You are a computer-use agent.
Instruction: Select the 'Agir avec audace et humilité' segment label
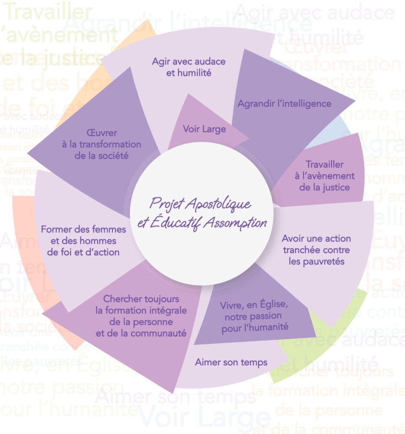coord(189,67)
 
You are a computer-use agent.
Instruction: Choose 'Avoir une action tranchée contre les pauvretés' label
coord(316,250)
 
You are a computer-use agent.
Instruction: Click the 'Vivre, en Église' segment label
coord(254,315)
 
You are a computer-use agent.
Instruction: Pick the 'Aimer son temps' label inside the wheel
coord(231,362)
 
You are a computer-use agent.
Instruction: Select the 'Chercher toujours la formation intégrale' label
coord(141,316)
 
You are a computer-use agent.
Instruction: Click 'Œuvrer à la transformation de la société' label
coord(101,144)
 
